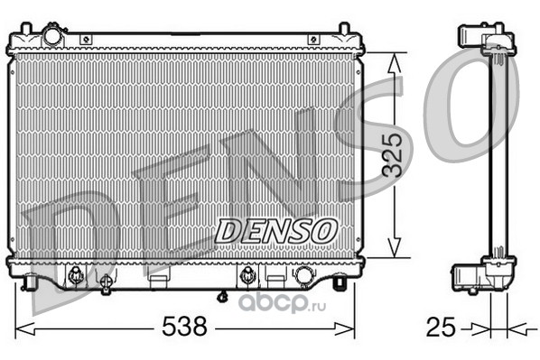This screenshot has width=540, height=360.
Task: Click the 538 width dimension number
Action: (x=184, y=326)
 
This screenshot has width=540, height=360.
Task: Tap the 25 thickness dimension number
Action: (x=441, y=327)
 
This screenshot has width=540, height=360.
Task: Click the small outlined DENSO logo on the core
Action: (x=275, y=231)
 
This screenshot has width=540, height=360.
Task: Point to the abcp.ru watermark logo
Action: (x=283, y=303)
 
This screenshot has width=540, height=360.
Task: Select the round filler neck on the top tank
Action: (x=53, y=35)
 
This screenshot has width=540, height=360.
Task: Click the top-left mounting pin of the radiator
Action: (x=26, y=28)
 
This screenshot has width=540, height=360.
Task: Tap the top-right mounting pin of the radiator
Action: (x=344, y=28)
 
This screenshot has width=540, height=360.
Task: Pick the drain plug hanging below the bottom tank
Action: (x=223, y=296)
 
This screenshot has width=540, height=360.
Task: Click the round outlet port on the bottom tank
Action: (x=303, y=275)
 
